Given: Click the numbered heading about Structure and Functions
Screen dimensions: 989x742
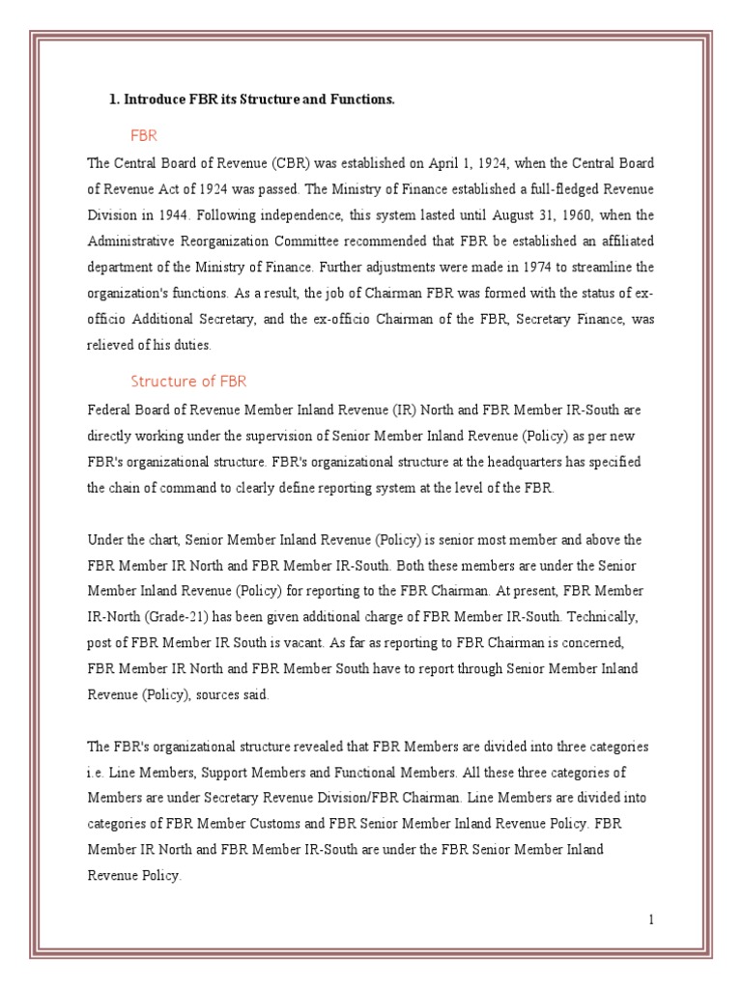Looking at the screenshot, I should point(251,100).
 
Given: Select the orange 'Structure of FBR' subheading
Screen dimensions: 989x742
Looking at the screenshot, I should point(189,380).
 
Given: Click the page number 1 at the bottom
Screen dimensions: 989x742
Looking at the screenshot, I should point(652,919).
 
